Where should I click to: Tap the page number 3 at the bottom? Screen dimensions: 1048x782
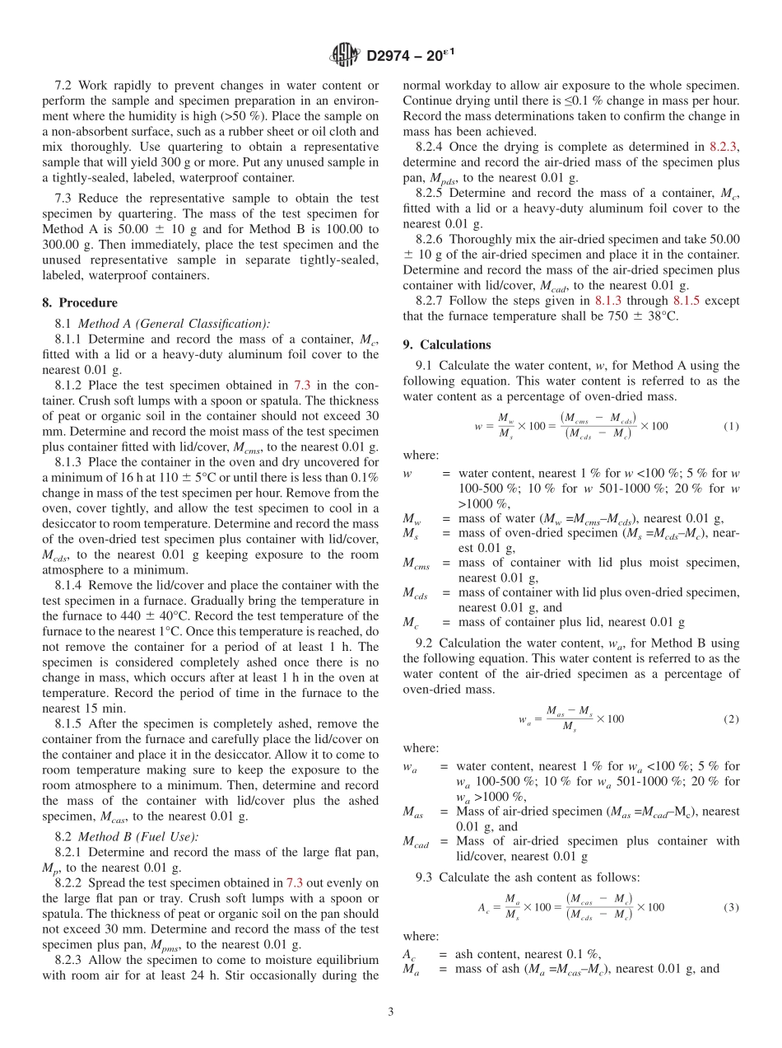pyautogui.click(x=390, y=1012)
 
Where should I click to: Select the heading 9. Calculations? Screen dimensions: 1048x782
pyautogui.click(x=447, y=344)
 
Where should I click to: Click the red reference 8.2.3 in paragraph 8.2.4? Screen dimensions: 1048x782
pyautogui.click(x=725, y=146)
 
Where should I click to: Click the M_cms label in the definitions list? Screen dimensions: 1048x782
pyautogui.click(x=418, y=563)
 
